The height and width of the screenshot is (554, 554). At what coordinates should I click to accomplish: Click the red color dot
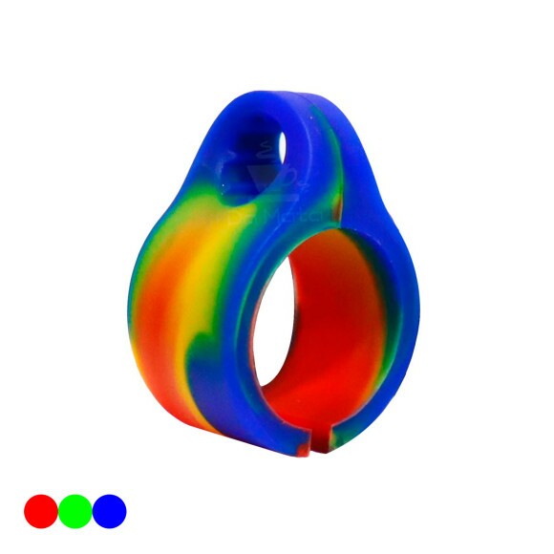tap(40, 511)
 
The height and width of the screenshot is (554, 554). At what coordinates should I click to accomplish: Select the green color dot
tap(75, 511)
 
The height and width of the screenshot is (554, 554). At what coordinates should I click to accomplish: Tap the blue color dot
tap(109, 511)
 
